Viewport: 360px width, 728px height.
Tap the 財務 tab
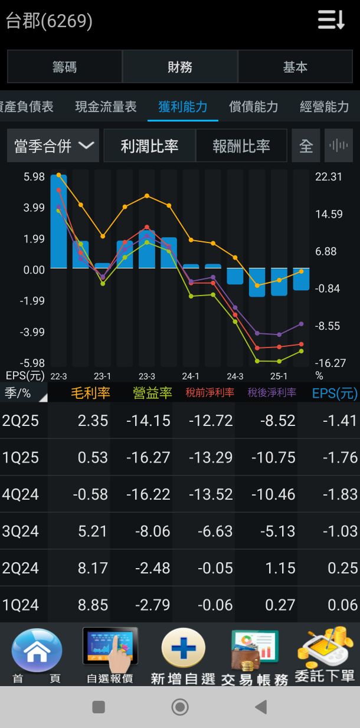click(180, 67)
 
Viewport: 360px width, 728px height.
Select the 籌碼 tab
click(64, 67)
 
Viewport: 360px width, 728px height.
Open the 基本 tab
click(295, 67)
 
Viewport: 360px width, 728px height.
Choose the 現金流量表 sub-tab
click(106, 107)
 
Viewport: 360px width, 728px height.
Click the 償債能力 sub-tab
click(253, 107)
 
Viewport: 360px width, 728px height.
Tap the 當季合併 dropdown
click(53, 146)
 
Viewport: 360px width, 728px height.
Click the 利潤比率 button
click(149, 146)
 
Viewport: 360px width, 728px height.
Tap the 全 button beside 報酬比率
click(306, 146)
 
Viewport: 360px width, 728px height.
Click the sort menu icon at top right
click(331, 20)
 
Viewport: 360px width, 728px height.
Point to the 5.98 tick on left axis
click(34, 176)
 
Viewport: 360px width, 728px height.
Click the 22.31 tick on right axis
click(329, 176)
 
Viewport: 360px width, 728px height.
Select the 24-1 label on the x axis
click(191, 376)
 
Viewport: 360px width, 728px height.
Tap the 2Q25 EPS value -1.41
click(341, 421)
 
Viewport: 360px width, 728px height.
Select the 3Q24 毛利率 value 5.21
click(93, 532)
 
